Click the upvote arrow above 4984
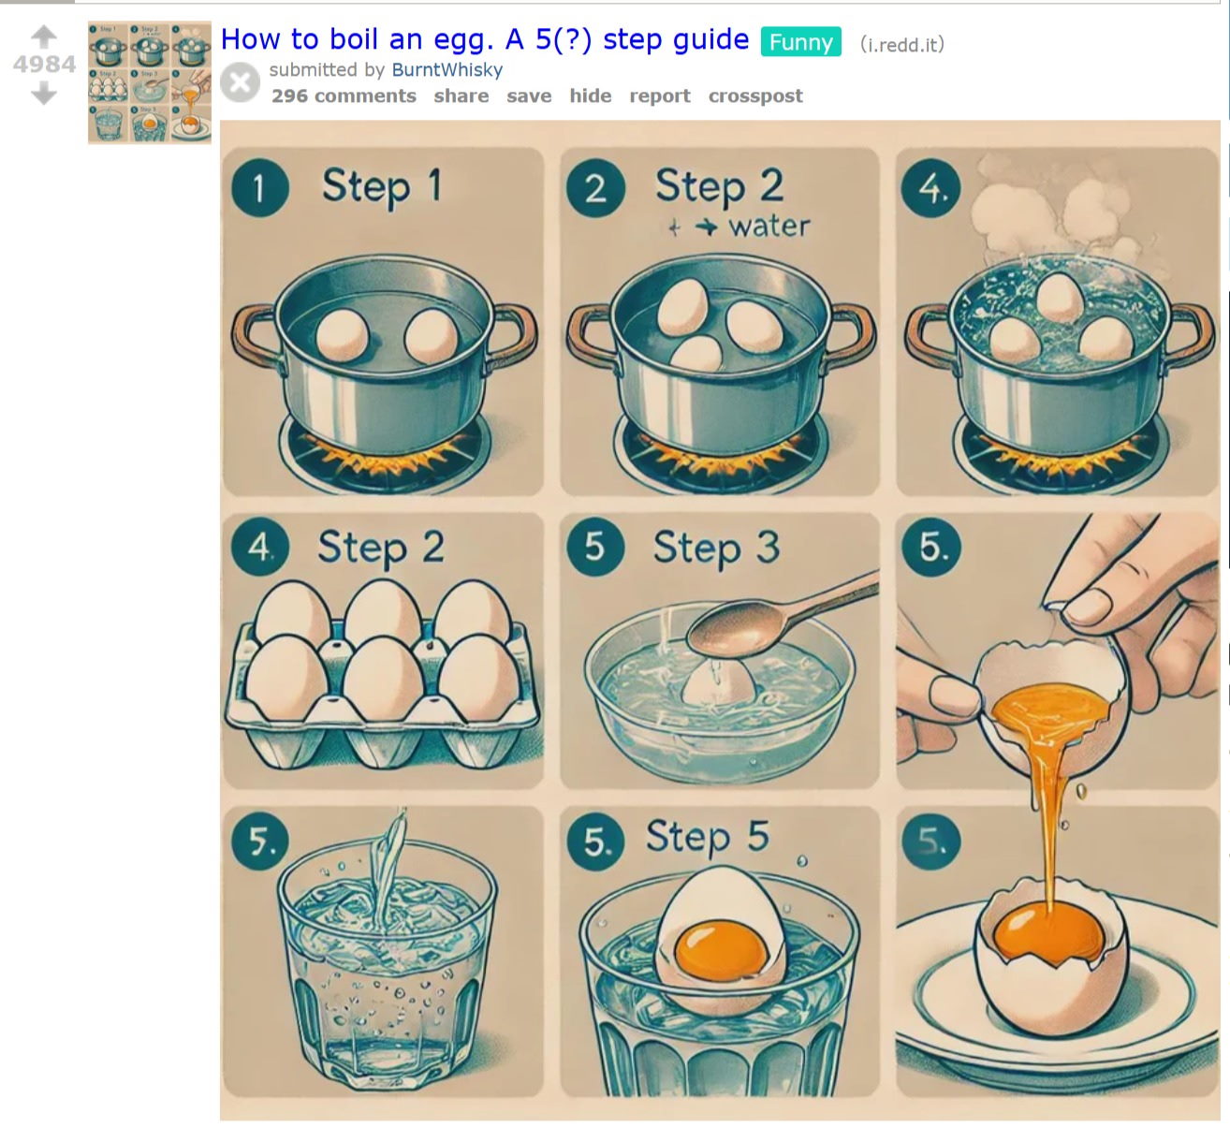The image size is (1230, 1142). pos(44,37)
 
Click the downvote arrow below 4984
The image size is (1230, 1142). pos(44,93)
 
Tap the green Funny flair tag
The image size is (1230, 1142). pos(800,42)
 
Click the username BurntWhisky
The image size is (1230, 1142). pos(447,70)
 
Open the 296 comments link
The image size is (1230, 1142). pos(344,96)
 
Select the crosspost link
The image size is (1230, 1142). pos(755,96)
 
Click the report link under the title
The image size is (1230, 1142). pos(660,96)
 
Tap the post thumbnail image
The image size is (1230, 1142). pos(149,82)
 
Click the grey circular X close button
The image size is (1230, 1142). pos(241,82)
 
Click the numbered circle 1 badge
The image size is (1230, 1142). pos(260,188)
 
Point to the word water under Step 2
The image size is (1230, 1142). pos(769,227)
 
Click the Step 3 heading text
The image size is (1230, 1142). pos(717,548)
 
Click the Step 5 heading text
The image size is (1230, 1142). pos(708,837)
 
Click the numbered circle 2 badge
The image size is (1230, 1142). pos(595,188)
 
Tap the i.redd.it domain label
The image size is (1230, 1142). pos(902,44)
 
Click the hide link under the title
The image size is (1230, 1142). pos(591,96)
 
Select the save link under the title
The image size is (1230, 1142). pos(529,96)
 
